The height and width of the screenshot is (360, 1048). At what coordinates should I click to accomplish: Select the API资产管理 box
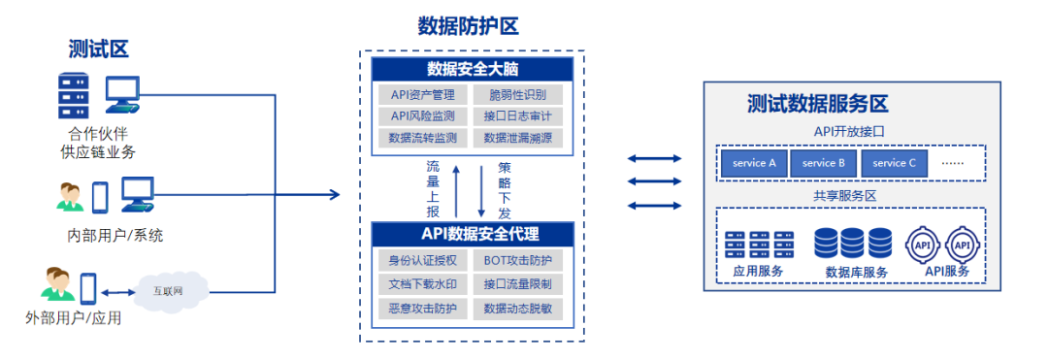(423, 94)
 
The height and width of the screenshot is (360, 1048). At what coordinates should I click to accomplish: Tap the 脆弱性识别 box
(517, 94)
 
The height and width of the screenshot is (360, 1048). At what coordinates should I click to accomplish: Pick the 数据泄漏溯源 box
(517, 138)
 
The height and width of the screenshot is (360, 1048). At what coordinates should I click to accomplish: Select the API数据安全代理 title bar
(470, 233)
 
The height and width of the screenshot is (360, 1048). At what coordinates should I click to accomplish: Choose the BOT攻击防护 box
(517, 260)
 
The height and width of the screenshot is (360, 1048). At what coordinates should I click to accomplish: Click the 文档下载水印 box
(423, 284)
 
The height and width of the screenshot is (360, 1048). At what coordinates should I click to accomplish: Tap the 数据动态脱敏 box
(517, 309)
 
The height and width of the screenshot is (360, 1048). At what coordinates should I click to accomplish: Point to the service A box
(754, 163)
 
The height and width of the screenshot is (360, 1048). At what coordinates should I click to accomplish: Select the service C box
(894, 163)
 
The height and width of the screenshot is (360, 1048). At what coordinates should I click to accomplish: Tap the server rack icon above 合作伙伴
(73, 96)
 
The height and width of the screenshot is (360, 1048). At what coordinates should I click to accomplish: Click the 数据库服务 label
(856, 273)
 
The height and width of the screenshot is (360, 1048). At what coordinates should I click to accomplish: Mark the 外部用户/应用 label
(74, 318)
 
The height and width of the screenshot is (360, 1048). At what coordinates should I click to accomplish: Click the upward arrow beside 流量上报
(454, 191)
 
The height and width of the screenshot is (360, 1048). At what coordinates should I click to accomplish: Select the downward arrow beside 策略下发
(482, 191)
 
